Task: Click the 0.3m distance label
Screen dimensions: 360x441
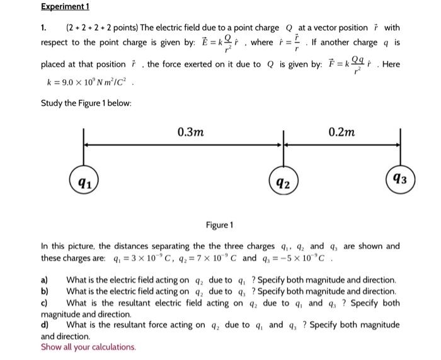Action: tap(190, 132)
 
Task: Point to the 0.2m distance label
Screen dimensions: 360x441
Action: tap(342, 132)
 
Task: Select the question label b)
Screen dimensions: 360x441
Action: tap(45, 291)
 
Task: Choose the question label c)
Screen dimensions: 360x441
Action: tap(44, 303)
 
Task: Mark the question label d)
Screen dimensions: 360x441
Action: tap(45, 325)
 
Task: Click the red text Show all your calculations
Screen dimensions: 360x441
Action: tap(88, 347)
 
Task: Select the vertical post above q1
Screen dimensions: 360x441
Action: tap(83, 151)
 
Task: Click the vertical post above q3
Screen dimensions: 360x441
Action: tap(402, 149)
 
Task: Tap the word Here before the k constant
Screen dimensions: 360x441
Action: tap(391, 65)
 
